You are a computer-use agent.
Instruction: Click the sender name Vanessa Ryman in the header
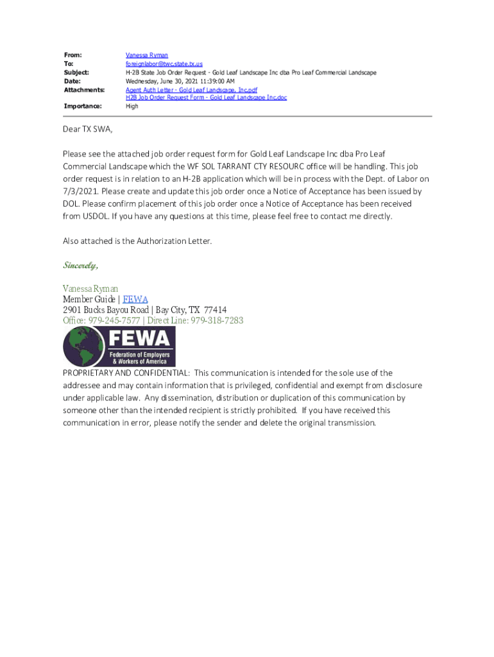pyautogui.click(x=146, y=56)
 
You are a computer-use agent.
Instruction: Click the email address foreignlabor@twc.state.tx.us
pyautogui.click(x=164, y=64)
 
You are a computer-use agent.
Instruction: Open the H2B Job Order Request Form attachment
pyautogui.click(x=206, y=98)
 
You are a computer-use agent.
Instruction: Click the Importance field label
pyautogui.click(x=83, y=107)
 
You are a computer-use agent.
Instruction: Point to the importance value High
pyautogui.click(x=132, y=107)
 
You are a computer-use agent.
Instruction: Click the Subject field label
pyautogui.click(x=76, y=73)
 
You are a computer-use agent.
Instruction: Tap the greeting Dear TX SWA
pyautogui.click(x=87, y=130)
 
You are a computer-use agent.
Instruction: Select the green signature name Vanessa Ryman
pyautogui.click(x=90, y=289)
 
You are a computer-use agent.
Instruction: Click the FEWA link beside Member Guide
pyautogui.click(x=135, y=300)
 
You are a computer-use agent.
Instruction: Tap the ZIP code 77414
pyautogui.click(x=214, y=310)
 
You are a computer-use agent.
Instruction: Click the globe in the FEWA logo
pyautogui.click(x=83, y=346)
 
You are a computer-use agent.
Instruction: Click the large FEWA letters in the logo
pyautogui.click(x=140, y=339)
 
